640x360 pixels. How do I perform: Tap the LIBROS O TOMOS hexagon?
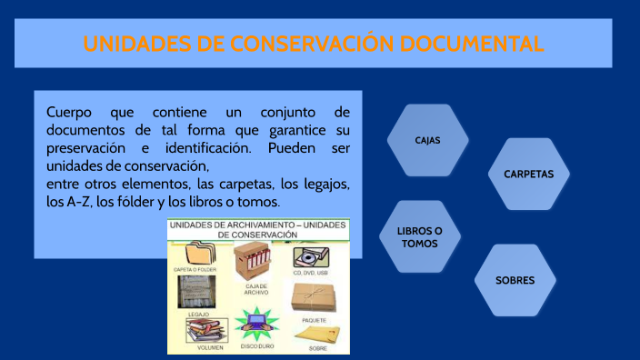point(419,237)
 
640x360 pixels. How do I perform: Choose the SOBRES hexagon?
point(515,280)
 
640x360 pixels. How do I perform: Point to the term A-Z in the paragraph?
point(77,201)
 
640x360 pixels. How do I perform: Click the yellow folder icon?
point(199,254)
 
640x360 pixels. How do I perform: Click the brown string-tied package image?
point(314,298)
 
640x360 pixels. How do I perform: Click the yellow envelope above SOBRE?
point(315,335)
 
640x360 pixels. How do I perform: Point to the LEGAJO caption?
point(198,314)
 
